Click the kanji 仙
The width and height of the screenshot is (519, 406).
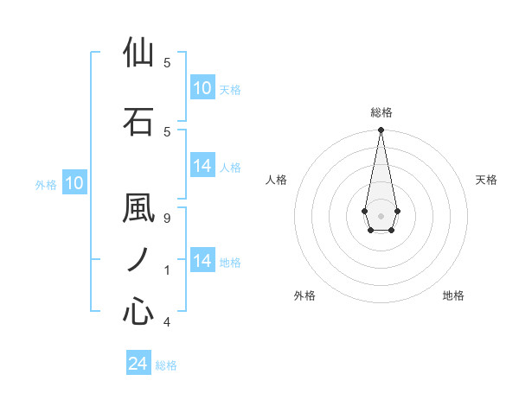point(138,54)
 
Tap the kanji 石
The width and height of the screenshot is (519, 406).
point(138,121)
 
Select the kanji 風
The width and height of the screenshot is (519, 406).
point(138,210)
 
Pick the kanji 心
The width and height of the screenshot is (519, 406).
point(138,311)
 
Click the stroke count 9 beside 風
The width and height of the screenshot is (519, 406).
point(167,218)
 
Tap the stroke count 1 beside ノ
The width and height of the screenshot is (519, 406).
point(167,270)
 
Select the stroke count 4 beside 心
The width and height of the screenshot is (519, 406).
point(167,322)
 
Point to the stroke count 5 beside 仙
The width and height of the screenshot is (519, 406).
point(167,62)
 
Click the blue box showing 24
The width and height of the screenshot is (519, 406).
point(138,364)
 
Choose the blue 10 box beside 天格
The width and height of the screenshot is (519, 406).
point(202,88)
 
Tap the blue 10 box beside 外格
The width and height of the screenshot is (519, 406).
point(74,183)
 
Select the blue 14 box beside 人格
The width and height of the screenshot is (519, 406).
point(202,166)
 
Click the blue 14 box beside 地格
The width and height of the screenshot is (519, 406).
point(202,261)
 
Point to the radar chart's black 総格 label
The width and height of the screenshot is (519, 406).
point(381,112)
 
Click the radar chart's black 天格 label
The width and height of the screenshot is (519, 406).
point(487,180)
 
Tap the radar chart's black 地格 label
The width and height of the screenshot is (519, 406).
point(453,295)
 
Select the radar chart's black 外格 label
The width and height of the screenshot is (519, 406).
point(304,295)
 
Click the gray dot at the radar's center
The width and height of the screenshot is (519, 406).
point(381,215)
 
